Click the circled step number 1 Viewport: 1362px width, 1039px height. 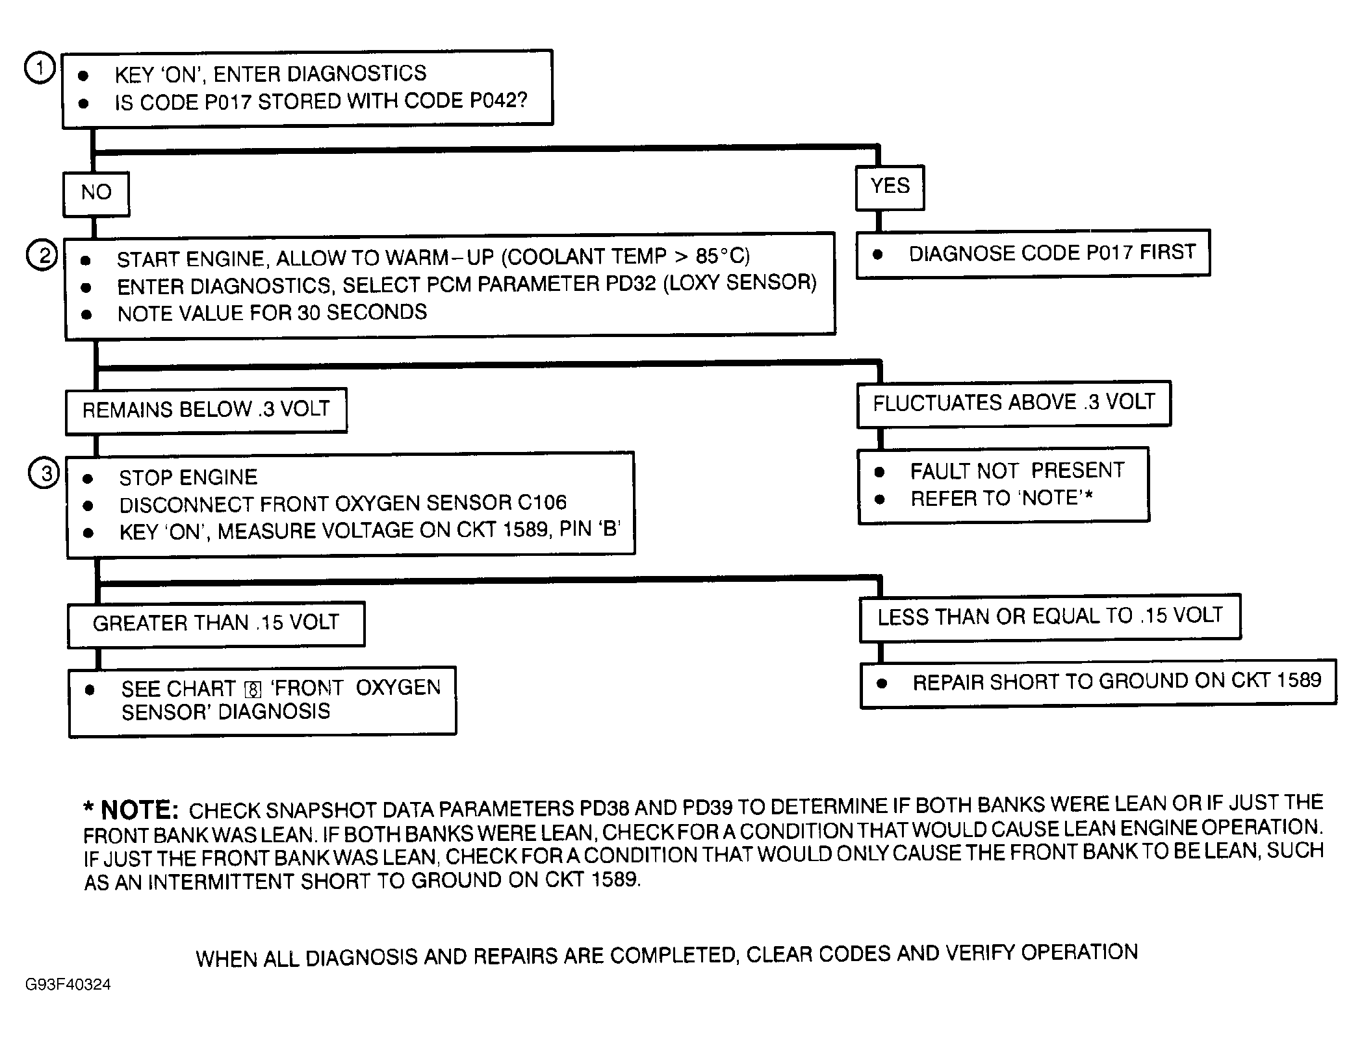(x=40, y=68)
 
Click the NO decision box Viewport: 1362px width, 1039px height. (x=96, y=193)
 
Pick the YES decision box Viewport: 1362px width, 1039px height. (x=890, y=187)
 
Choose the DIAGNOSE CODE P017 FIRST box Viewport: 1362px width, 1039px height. (x=1033, y=253)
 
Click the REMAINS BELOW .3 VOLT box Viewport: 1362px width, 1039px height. (x=206, y=410)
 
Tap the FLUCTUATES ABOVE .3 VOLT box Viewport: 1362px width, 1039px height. (x=1014, y=403)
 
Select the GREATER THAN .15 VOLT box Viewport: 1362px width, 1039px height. (x=216, y=623)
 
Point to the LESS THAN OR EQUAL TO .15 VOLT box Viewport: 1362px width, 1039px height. (x=1050, y=616)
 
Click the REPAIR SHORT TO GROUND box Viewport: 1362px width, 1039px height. (x=1098, y=682)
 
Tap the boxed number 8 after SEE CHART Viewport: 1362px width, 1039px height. (x=253, y=690)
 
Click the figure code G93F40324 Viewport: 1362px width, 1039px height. (x=68, y=985)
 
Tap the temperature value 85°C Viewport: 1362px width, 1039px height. (x=722, y=257)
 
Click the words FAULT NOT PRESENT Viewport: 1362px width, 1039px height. (x=1017, y=470)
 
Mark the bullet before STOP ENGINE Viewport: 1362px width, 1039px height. (x=88, y=479)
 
